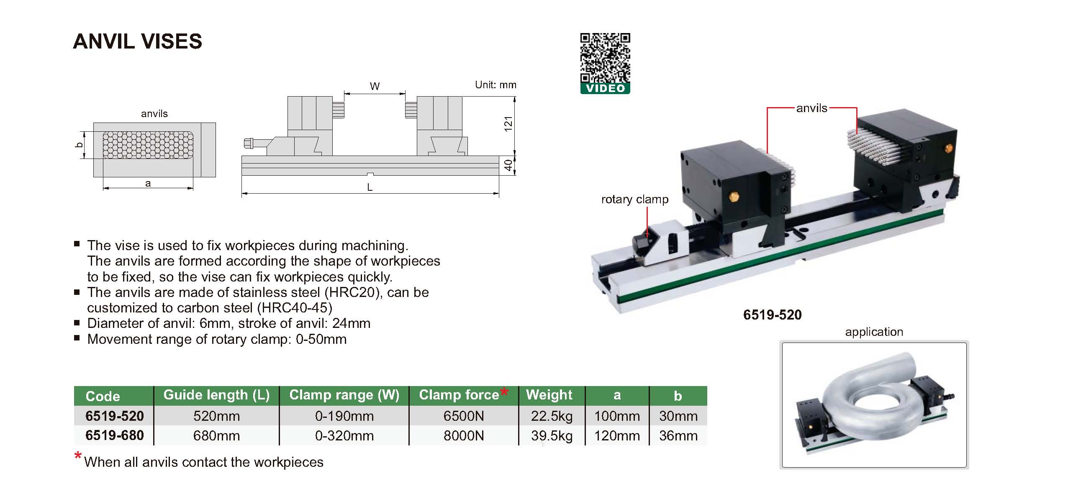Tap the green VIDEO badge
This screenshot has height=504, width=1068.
[605, 88]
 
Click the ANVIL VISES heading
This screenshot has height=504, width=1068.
[137, 41]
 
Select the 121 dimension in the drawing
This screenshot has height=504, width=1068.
[508, 124]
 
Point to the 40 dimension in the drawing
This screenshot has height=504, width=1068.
[508, 165]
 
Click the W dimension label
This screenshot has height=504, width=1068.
[375, 87]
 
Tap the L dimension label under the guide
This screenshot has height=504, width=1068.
[370, 187]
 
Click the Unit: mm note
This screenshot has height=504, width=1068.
[495, 85]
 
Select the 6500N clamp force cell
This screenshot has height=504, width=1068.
[463, 416]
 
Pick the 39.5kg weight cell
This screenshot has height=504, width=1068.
[552, 436]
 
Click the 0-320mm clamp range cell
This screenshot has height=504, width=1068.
[344, 436]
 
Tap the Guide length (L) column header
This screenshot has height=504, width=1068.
[216, 395]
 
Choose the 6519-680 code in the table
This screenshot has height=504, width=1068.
[114, 435]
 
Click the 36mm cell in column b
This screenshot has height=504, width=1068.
[678, 436]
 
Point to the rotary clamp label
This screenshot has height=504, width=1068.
[634, 200]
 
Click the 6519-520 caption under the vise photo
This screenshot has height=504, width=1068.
[772, 315]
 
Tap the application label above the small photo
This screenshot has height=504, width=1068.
[874, 332]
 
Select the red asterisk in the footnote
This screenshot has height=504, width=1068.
[78, 456]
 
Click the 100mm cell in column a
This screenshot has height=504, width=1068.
[617, 416]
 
